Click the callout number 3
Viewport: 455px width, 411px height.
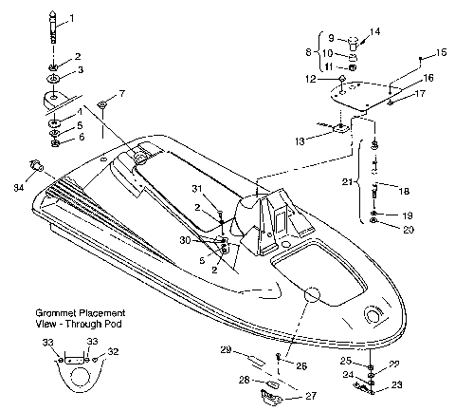[x=79, y=70]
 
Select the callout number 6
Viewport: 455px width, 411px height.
[x=79, y=139]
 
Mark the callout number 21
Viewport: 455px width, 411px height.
[x=346, y=181]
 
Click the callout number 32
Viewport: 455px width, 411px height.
[x=115, y=350]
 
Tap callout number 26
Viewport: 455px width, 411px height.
[x=301, y=365]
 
